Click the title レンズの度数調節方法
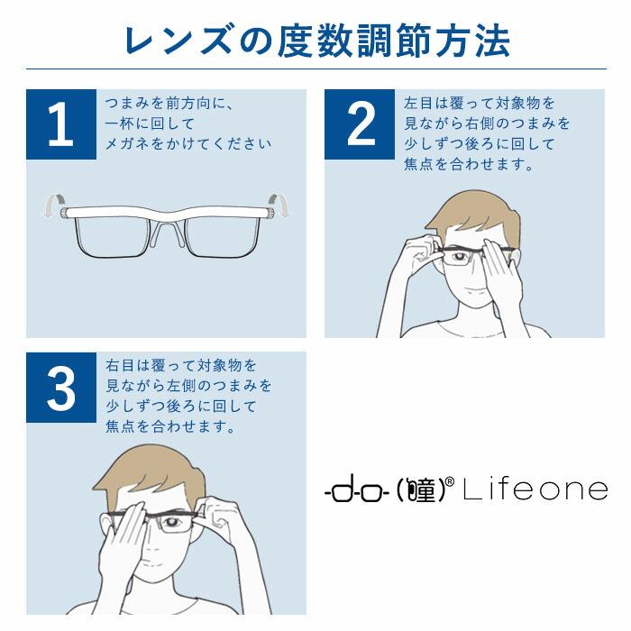click(x=315, y=41)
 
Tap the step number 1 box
click(x=60, y=124)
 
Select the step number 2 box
click(x=360, y=124)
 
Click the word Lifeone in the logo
click(x=535, y=490)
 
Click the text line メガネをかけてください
click(x=188, y=143)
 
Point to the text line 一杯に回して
click(x=150, y=123)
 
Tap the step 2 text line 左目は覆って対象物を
click(x=480, y=104)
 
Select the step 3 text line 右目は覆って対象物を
click(x=181, y=366)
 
